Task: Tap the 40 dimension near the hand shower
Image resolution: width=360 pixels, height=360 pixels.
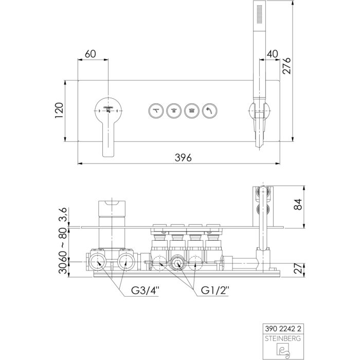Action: tap(273, 53)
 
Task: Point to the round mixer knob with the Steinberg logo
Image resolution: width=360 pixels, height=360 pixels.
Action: tap(109, 109)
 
